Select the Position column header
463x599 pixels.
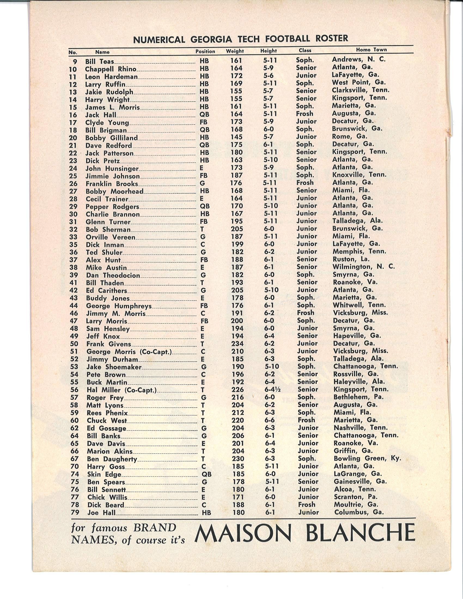(x=205, y=51)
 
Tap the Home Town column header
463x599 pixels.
(x=371, y=50)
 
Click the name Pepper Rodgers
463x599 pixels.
(x=112, y=207)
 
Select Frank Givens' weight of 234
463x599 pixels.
(x=237, y=344)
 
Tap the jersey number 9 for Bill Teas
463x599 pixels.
(x=75, y=62)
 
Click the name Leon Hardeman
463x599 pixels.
(x=111, y=77)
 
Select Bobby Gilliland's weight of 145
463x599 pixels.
(x=236, y=137)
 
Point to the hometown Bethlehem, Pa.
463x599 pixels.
(x=358, y=397)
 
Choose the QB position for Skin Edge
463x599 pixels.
(x=206, y=474)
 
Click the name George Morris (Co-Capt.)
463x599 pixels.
(x=129, y=351)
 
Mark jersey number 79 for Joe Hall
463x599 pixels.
(x=75, y=512)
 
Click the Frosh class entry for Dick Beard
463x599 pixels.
(x=306, y=504)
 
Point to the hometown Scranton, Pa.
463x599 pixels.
(x=355, y=497)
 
